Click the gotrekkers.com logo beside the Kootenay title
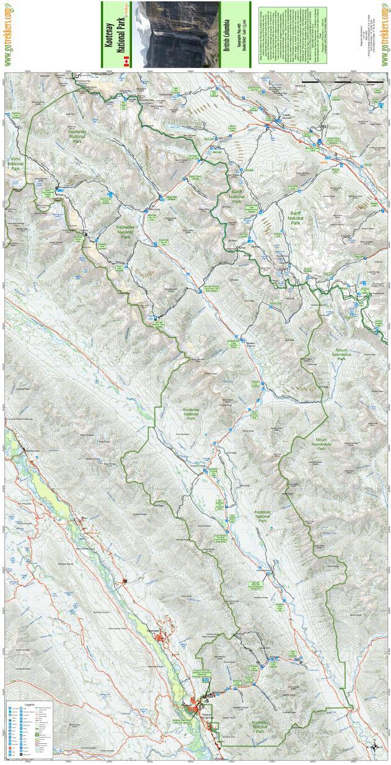tap(9, 34)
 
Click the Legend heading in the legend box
tap(29, 704)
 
